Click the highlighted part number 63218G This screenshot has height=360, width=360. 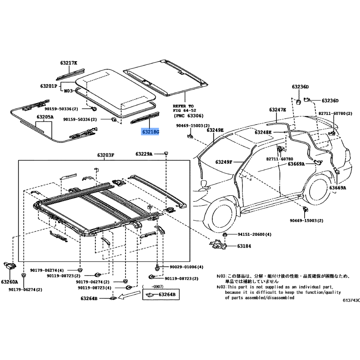(151, 132)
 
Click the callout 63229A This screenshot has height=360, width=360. (144, 154)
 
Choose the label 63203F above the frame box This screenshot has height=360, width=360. (105, 155)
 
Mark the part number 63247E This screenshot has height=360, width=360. (278, 110)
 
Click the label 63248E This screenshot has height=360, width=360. (263, 132)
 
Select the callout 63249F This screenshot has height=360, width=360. (223, 162)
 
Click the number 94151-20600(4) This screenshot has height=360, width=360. (254, 234)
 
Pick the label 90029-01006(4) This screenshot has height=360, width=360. (186, 267)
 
